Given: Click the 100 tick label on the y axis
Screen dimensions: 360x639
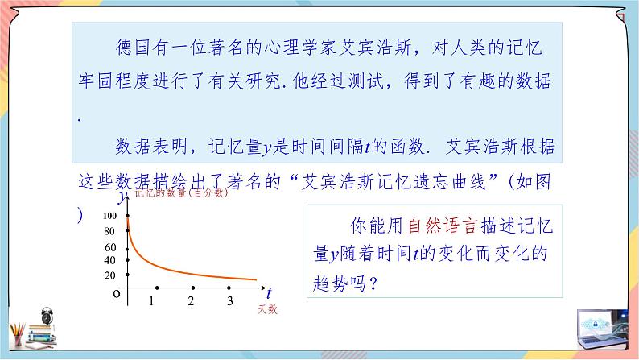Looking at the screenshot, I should click(109, 216).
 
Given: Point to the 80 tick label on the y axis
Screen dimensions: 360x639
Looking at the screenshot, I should click(110, 232).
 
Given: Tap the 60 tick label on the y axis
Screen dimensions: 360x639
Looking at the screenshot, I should click(110, 246).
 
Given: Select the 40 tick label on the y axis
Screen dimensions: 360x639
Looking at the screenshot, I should click(110, 260).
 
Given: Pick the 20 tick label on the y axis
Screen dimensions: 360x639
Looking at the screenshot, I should click(110, 275).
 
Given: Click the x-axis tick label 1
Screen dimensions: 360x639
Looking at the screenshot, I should click(152, 301).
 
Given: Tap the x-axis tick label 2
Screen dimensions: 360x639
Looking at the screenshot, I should click(191, 301).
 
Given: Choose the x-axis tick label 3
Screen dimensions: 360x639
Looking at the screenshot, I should click(230, 301).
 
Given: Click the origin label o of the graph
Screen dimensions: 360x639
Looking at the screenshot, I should click(117, 296).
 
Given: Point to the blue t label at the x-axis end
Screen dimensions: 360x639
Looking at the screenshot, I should click(269, 292).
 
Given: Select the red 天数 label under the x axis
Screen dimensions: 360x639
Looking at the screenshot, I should click(268, 309).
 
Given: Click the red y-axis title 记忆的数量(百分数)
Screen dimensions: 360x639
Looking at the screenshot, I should click(181, 193).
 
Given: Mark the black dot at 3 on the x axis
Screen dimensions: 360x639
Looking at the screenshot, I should click(231, 288).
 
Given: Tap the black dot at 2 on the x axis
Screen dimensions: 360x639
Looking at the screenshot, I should click(192, 288).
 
